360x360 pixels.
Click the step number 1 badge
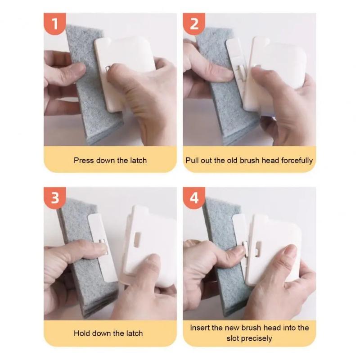point(55,24)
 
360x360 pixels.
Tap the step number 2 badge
point(194,24)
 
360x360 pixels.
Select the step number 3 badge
point(55,198)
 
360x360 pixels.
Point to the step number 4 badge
point(194,198)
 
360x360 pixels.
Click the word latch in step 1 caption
point(136,160)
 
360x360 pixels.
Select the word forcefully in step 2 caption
point(295,160)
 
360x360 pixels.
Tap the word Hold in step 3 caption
point(82,333)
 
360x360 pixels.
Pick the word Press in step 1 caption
point(84,160)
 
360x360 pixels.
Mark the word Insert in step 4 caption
point(201,328)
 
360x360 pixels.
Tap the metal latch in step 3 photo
point(103,247)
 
